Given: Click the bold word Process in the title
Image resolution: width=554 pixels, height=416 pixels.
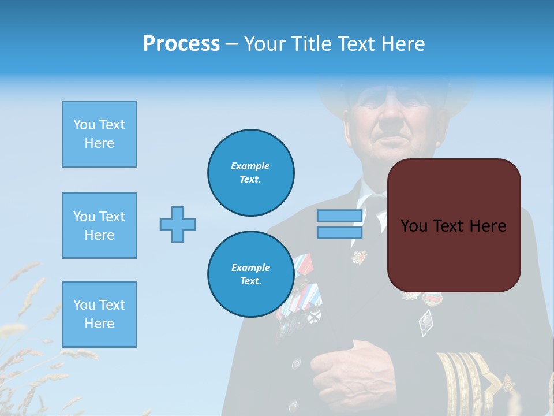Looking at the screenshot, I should coord(181,44).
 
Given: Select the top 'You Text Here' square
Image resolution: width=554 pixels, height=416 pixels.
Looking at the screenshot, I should coord(99,134).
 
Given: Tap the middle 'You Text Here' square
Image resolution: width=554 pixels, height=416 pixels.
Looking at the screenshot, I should coord(99,225).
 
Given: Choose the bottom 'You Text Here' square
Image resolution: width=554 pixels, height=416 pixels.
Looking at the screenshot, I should coord(99,314).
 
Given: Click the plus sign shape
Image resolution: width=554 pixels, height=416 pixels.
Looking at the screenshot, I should coord(178,224).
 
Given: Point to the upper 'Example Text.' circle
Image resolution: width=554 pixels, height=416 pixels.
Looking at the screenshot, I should coord(250,173).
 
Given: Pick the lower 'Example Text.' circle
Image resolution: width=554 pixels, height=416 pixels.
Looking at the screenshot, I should coord(250,274).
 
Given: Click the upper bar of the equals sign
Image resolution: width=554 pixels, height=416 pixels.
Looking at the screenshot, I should coord(339,216).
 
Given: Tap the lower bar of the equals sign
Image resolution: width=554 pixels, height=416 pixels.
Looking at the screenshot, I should coord(339,232).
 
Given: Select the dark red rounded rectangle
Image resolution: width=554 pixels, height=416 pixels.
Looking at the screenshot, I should coord(454,225).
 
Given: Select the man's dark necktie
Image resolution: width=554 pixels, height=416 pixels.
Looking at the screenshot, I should coord(375,214).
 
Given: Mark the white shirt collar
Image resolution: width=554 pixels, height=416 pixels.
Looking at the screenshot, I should coord(362,202).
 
